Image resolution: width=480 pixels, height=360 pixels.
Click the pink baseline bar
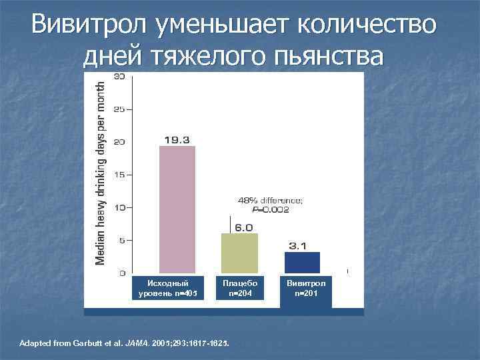click(x=177, y=209)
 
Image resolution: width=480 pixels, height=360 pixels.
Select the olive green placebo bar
click(x=239, y=253)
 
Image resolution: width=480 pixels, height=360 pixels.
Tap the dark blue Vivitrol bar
click(x=302, y=262)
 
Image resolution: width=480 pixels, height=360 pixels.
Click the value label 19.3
click(x=177, y=139)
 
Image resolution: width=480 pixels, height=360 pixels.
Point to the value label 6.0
click(x=243, y=227)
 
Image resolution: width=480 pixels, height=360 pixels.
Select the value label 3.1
click(x=297, y=245)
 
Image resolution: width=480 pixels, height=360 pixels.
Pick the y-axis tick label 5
click(x=121, y=240)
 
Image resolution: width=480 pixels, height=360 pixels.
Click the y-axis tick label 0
click(x=121, y=273)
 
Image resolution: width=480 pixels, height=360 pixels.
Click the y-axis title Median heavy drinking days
click(x=101, y=171)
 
